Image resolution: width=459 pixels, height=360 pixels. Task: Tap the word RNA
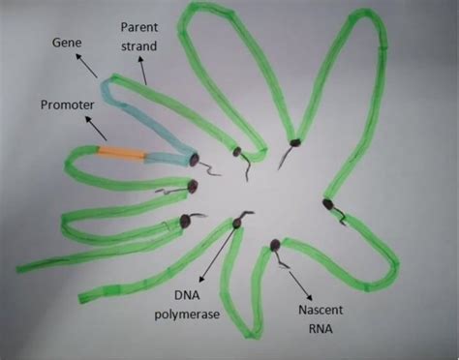[x=318, y=328]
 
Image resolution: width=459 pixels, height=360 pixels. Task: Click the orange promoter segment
[x=122, y=154]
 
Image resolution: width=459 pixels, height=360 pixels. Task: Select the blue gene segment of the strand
[x=145, y=116]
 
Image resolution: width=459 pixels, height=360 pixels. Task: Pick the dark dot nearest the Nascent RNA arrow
[x=276, y=245]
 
